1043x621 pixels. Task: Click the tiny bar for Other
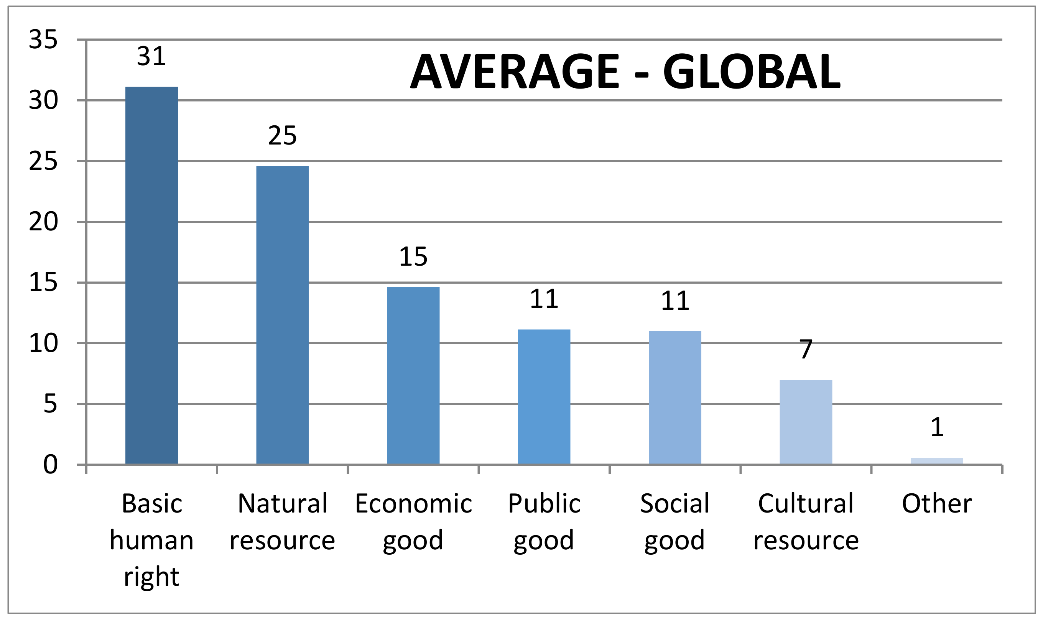pyautogui.click(x=937, y=461)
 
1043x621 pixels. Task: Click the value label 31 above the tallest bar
pyautogui.click(x=151, y=56)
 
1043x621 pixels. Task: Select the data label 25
pyautogui.click(x=282, y=136)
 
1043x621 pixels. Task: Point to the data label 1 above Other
pyautogui.click(x=937, y=427)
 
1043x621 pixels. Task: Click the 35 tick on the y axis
pyautogui.click(x=43, y=40)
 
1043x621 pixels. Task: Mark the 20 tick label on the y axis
pyautogui.click(x=43, y=222)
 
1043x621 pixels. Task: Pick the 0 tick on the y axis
pyautogui.click(x=50, y=465)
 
